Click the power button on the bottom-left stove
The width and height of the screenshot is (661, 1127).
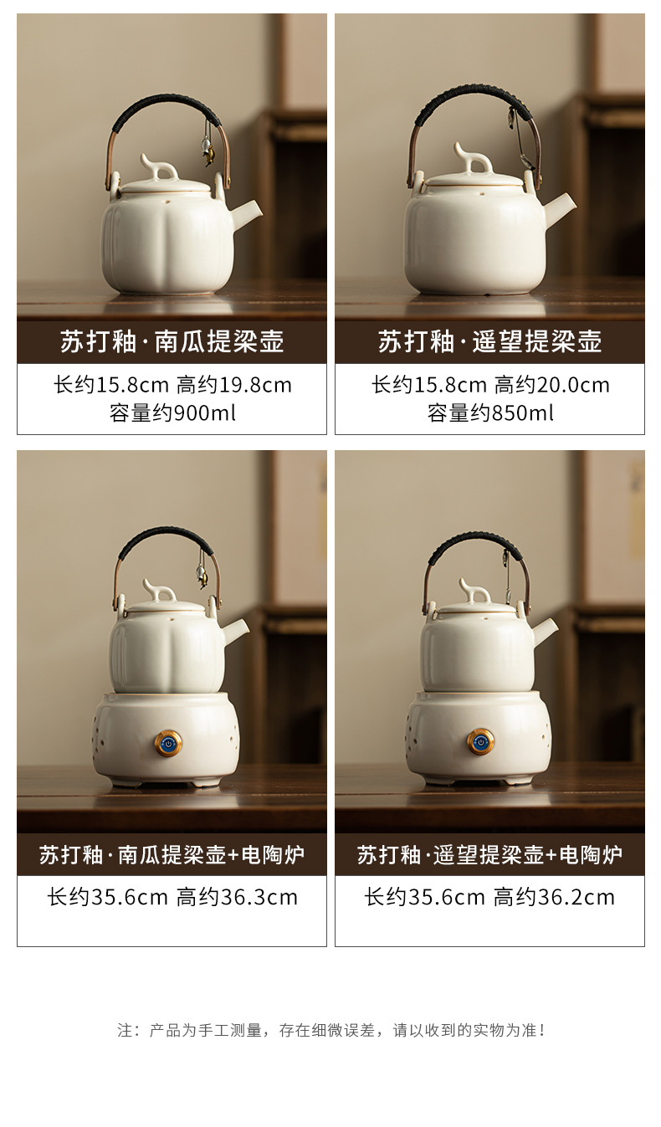(x=168, y=743)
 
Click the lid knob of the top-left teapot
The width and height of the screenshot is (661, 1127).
(x=159, y=167)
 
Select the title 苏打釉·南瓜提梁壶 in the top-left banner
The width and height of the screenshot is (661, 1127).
(x=172, y=342)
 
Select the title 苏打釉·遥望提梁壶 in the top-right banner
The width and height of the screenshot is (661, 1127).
(x=490, y=342)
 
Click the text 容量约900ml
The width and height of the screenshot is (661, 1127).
(x=172, y=413)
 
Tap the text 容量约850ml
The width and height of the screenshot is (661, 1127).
(x=490, y=413)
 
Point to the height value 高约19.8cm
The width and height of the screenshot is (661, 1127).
(x=234, y=386)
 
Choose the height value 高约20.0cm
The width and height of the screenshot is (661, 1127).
(x=552, y=386)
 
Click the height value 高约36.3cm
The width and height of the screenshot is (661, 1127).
(x=237, y=898)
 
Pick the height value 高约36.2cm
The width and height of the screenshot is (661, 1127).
(x=555, y=898)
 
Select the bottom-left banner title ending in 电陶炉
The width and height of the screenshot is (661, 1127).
(x=172, y=855)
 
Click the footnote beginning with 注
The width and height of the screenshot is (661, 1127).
(x=331, y=1031)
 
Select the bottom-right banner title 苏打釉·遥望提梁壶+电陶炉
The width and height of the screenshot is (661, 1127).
(x=490, y=855)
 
